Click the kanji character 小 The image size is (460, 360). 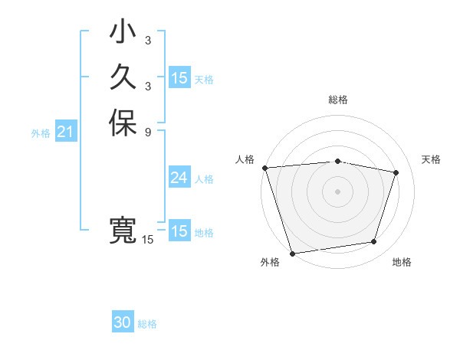click(x=123, y=34)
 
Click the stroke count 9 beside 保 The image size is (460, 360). click(x=147, y=131)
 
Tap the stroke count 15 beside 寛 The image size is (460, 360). click(x=147, y=240)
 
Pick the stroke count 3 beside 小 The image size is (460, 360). click(x=147, y=41)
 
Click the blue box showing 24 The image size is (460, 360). click(x=179, y=178)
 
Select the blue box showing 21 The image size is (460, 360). click(x=65, y=133)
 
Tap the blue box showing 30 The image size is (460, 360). click(x=123, y=322)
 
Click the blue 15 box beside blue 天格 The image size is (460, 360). click(x=179, y=78)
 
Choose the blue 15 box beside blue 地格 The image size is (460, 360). click(x=179, y=231)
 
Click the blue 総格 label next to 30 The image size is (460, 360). click(x=147, y=324)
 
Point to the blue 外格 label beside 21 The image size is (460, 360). click(x=41, y=133)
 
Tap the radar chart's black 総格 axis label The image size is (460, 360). click(x=337, y=100)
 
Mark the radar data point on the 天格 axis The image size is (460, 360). click(x=396, y=172)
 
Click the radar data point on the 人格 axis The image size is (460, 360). click(x=264, y=168)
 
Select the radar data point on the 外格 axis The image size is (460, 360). click(x=292, y=253)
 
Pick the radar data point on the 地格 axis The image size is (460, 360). click(x=373, y=242)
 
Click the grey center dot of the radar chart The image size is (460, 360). click(x=337, y=191)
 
